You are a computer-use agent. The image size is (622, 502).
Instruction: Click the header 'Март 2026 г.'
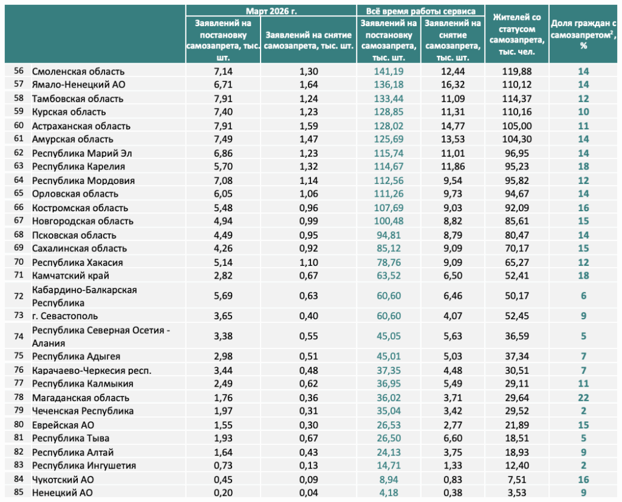pyautogui.click(x=271, y=11)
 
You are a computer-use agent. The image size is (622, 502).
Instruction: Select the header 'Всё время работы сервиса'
pyautogui.click(x=420, y=11)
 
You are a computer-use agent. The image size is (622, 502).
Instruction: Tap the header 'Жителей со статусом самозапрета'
pyautogui.click(x=516, y=35)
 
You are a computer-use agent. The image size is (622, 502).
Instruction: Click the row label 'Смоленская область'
pyautogui.click(x=78, y=72)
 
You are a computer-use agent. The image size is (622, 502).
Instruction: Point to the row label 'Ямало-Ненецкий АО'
pyautogui.click(x=78, y=84)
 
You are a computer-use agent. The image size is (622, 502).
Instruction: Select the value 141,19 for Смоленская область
pyautogui.click(x=388, y=72)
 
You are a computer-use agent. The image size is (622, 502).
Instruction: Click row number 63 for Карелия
pyautogui.click(x=19, y=166)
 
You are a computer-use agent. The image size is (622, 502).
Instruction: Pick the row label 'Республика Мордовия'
pyautogui.click(x=83, y=181)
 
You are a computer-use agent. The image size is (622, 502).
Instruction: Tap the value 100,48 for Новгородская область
pyautogui.click(x=388, y=221)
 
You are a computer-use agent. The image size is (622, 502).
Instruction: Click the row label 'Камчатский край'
pyautogui.click(x=70, y=276)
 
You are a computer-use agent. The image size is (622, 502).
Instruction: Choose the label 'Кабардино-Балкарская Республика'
pyautogui.click(x=84, y=296)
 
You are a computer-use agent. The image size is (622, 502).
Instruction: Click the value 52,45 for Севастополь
pyautogui.click(x=516, y=316)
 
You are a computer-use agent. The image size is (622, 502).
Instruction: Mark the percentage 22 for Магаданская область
pyautogui.click(x=583, y=398)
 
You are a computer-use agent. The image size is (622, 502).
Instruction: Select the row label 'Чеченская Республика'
pyautogui.click(x=83, y=411)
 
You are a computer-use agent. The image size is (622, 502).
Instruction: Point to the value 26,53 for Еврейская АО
pyautogui.click(x=388, y=425)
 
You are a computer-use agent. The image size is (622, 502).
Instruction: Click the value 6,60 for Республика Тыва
pyautogui.click(x=453, y=438)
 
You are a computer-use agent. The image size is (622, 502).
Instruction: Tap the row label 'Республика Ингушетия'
pyautogui.click(x=84, y=466)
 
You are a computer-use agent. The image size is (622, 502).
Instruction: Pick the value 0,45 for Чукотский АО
pyautogui.click(x=223, y=480)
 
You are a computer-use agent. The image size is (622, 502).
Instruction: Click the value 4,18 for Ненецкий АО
pyautogui.click(x=388, y=493)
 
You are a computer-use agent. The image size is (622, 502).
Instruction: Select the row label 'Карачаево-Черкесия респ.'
pyautogui.click(x=92, y=371)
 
